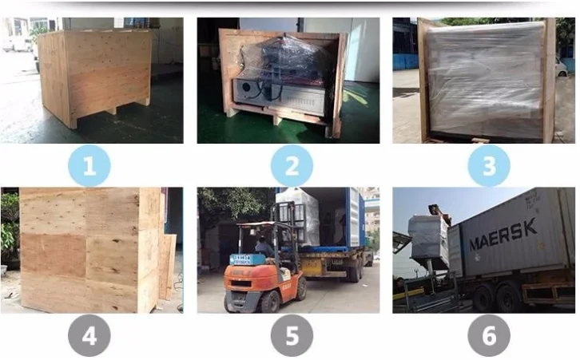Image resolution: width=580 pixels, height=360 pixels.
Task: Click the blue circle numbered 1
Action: click(89, 165)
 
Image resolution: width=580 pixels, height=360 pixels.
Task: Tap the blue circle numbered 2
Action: click(292, 165)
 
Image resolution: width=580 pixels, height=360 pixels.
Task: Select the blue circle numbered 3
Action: click(489, 165)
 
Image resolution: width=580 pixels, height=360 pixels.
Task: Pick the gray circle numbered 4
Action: click(89, 335)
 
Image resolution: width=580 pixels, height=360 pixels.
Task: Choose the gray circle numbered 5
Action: click(292, 335)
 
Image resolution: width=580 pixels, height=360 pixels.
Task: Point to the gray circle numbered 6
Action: click(489, 335)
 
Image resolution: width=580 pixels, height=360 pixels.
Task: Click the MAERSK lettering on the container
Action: click(503, 235)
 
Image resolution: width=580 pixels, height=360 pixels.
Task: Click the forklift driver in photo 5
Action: click(264, 247)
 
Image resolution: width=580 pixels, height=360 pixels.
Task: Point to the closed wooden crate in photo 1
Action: click(95, 77)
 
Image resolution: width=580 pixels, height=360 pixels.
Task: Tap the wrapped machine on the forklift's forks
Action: click(298, 216)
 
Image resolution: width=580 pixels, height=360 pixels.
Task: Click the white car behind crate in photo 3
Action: click(561, 67)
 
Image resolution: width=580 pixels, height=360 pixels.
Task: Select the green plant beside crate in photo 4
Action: click(10, 228)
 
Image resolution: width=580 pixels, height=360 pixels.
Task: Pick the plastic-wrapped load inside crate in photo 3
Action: click(485, 79)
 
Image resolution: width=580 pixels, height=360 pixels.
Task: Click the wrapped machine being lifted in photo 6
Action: click(427, 237)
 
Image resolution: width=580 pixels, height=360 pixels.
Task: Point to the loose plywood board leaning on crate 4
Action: click(168, 266)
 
